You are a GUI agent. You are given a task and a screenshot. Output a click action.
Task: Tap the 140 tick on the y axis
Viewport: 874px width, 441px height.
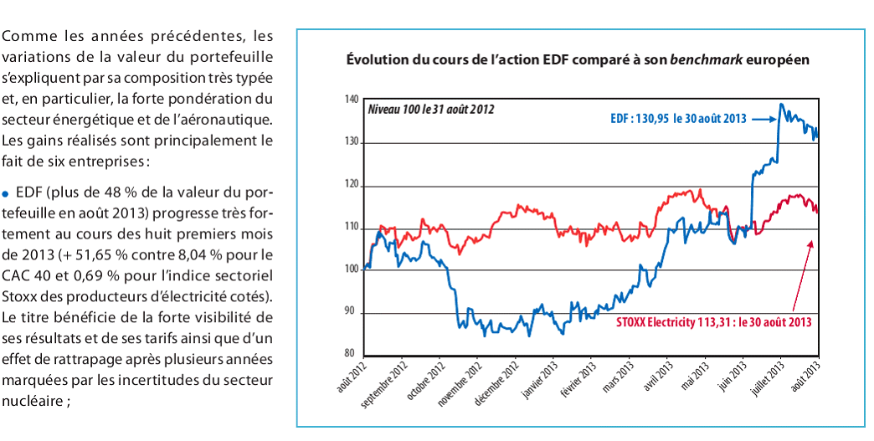[350, 100]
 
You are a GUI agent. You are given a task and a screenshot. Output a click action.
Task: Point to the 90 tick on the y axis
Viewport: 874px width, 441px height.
[352, 313]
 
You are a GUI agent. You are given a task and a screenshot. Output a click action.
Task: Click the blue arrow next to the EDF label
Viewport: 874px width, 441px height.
[763, 119]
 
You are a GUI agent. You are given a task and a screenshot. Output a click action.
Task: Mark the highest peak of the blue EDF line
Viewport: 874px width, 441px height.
[781, 105]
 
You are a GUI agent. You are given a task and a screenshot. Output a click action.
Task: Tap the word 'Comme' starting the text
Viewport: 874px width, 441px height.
[26, 38]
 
